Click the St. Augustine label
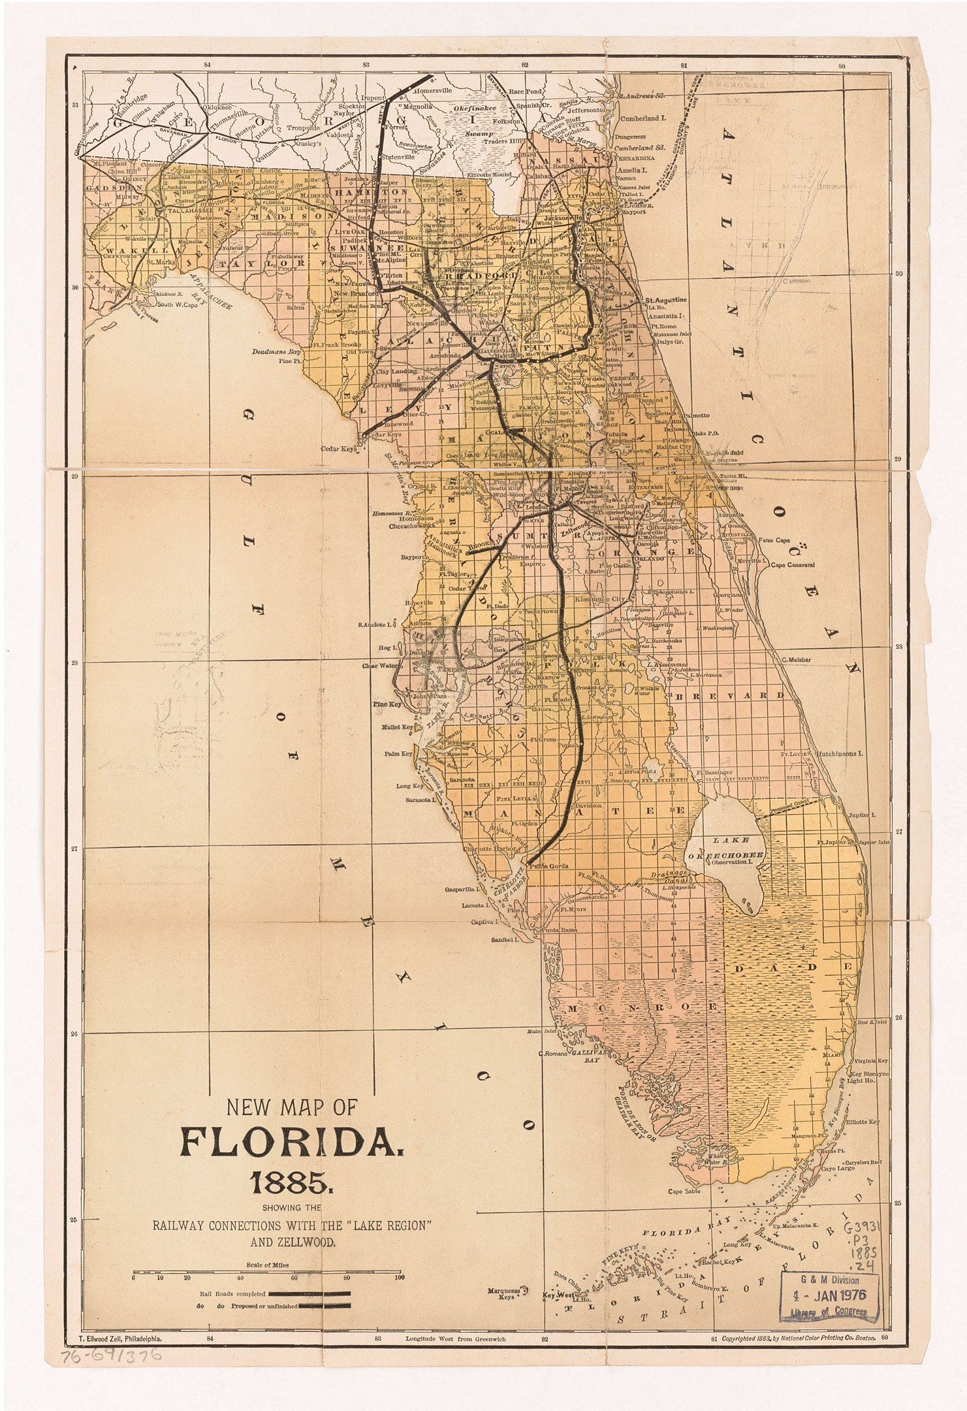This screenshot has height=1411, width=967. (x=666, y=299)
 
